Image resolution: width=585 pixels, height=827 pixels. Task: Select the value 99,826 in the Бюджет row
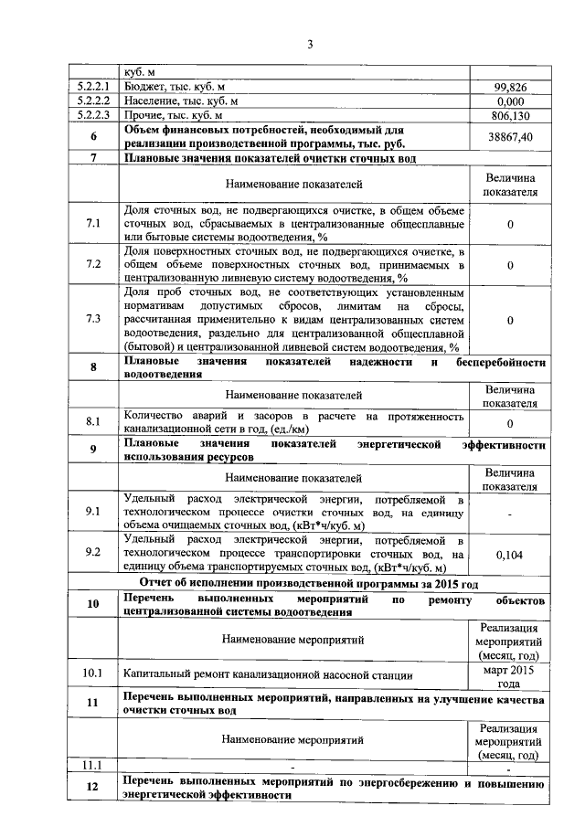(509, 87)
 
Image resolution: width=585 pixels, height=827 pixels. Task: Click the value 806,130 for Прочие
(509, 116)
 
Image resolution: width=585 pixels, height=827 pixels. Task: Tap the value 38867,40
(509, 136)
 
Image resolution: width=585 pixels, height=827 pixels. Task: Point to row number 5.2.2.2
(94, 101)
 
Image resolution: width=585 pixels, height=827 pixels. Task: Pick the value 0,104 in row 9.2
(509, 554)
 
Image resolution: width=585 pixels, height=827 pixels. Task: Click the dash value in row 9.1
(509, 514)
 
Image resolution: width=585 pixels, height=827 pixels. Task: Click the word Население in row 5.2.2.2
(153, 101)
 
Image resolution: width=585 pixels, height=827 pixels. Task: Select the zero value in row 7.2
(509, 265)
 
